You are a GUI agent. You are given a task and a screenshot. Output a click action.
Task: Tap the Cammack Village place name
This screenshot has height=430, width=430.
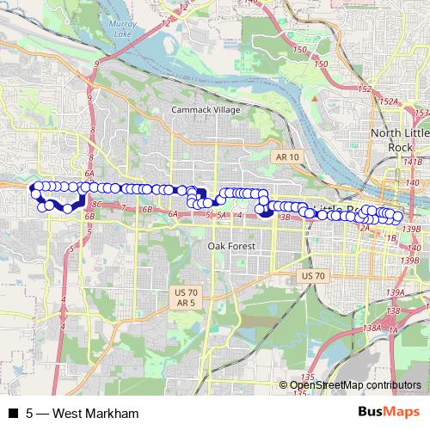pyautogui.click(x=205, y=111)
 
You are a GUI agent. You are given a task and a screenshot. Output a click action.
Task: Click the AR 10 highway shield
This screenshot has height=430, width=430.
pyautogui.click(x=286, y=157)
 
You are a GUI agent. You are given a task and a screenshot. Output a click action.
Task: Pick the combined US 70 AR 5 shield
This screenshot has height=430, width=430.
pyautogui.click(x=184, y=298)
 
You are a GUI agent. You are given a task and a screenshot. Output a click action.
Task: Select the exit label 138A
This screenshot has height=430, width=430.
pyautogui.click(x=372, y=328)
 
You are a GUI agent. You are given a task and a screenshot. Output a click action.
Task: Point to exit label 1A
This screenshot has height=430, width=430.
pyautogui.click(x=393, y=330)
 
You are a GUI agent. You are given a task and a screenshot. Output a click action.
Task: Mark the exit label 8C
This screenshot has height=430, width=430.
pyautogui.click(x=96, y=205)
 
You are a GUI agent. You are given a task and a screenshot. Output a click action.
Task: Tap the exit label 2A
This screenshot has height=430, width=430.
pyautogui.click(x=364, y=228)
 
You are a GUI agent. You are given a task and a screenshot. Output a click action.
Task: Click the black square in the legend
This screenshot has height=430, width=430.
pyautogui.click(x=12, y=414)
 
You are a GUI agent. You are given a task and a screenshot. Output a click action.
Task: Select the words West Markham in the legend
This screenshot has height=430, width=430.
pyautogui.click(x=95, y=414)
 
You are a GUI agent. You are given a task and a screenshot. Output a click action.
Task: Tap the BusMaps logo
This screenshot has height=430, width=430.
pyautogui.click(x=389, y=413)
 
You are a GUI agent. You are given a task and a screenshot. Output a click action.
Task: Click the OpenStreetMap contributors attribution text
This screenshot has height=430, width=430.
pyautogui.click(x=355, y=385)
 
